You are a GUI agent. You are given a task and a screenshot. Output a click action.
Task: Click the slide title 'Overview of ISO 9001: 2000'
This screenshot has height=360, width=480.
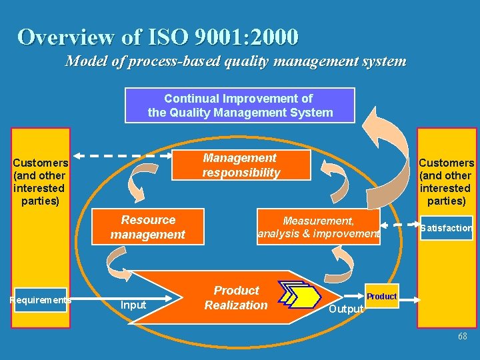coord(158,37)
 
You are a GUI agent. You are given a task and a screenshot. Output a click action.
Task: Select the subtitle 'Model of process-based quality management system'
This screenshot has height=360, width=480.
coord(235,61)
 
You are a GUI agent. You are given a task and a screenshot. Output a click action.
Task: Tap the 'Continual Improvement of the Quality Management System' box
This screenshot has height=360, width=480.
coord(240,105)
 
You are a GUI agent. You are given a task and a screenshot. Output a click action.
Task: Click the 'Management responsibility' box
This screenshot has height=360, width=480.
coord(241,165)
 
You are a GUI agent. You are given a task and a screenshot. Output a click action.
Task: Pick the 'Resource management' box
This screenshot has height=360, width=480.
coord(148,227)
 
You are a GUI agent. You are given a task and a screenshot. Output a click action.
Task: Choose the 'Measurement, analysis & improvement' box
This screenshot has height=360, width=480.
coord(319,227)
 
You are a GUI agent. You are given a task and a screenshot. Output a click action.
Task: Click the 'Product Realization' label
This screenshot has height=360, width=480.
coord(235,298)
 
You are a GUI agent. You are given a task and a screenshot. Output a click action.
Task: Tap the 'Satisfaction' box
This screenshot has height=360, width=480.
coord(446,228)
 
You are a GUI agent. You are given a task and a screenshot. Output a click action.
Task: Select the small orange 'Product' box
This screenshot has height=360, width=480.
coord(381,296)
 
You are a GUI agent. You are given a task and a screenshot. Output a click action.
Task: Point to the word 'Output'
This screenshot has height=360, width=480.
coord(347,309)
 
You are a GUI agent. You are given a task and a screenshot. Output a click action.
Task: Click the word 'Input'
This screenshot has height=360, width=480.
coord(133,305)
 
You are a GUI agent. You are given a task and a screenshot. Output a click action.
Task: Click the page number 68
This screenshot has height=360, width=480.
coord(463,337)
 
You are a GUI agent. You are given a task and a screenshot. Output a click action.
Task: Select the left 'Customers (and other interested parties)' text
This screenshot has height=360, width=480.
coord(40,181)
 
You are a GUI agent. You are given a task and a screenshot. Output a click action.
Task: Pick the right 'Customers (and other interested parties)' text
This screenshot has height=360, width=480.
coord(446,181)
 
